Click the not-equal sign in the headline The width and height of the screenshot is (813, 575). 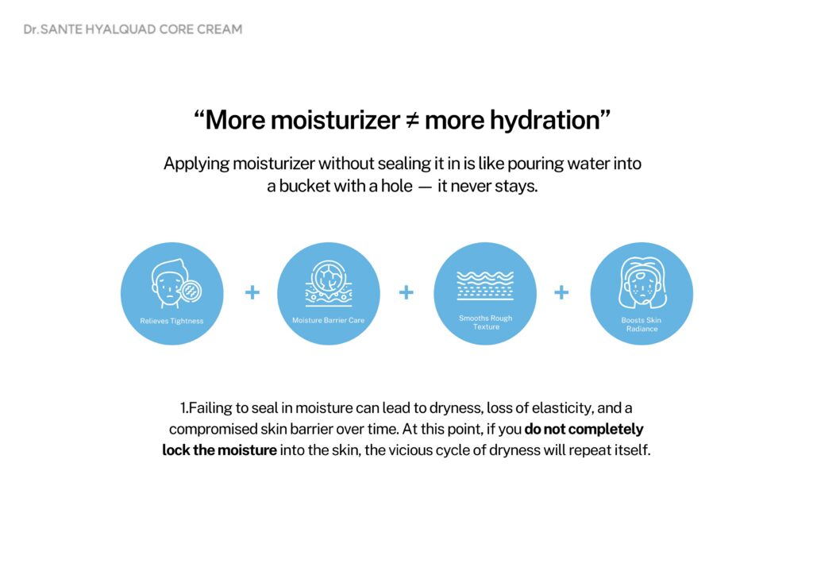412,120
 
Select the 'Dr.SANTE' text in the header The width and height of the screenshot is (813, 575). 53,29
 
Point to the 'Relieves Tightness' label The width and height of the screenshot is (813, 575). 171,321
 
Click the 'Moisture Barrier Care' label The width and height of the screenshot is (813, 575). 328,320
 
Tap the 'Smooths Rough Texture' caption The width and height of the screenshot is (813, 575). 485,322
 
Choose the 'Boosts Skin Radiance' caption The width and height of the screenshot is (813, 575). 642,325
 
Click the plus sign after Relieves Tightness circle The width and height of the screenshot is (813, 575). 252,292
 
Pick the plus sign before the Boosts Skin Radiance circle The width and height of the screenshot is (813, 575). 561,292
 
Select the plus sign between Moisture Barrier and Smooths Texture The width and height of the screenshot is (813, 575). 406,292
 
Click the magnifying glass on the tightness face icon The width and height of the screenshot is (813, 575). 191,291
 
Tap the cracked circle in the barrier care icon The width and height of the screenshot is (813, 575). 329,276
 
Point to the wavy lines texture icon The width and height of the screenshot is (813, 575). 485,285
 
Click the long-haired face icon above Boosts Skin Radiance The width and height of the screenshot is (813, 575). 642,283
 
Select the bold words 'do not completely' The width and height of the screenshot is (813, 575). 584,430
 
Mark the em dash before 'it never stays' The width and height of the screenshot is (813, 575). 425,187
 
